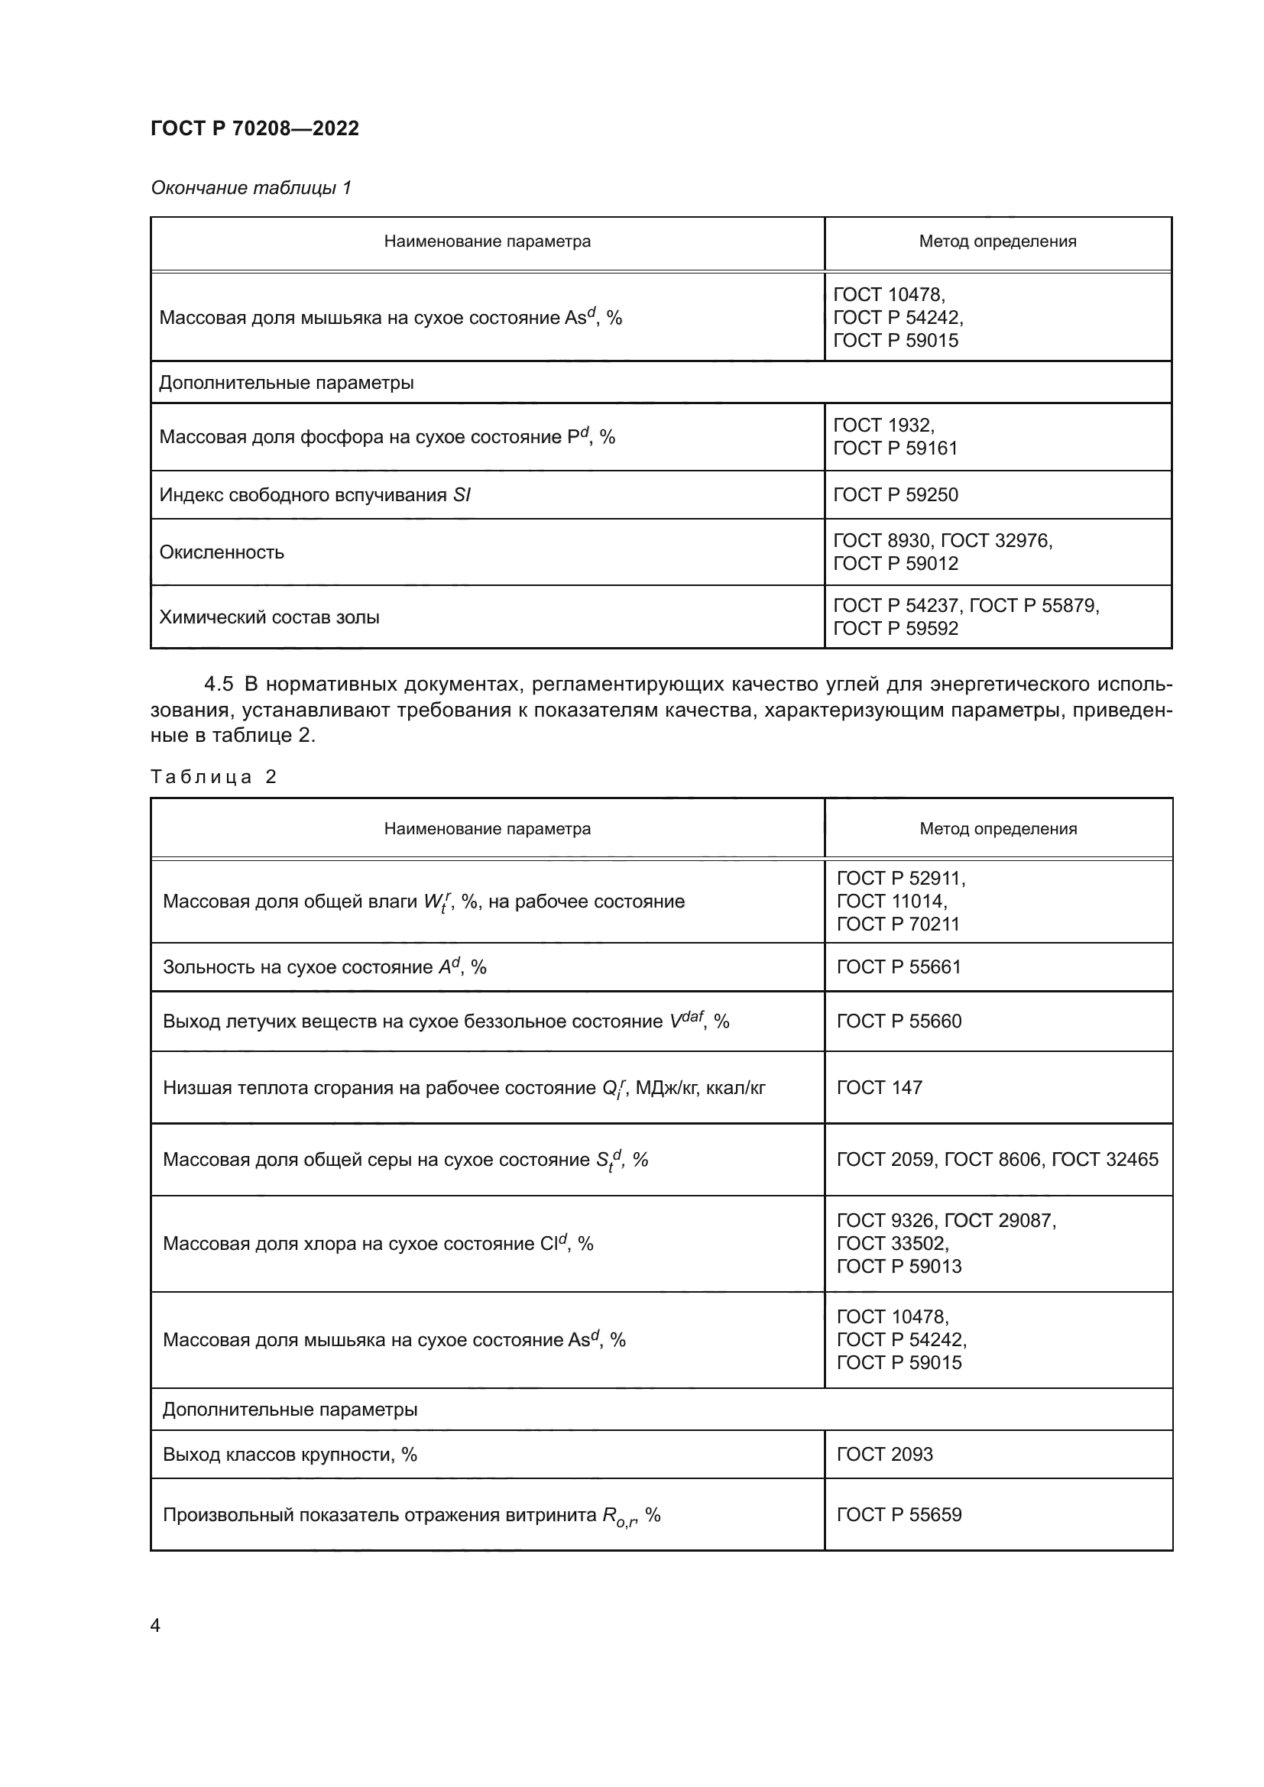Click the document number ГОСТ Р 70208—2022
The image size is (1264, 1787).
254,128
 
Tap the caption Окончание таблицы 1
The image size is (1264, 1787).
251,188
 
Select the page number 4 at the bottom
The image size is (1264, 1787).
156,1625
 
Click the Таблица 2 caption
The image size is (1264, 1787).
213,777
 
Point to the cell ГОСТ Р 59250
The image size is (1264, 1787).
895,495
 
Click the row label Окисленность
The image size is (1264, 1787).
222,552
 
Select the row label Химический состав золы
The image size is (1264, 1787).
269,617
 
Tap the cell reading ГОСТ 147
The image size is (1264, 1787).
879,1087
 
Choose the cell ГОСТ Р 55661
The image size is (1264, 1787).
899,966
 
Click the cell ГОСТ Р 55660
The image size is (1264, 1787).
899,1021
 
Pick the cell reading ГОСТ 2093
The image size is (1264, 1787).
884,1454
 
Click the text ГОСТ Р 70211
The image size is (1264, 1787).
898,924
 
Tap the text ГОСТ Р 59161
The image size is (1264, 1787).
895,448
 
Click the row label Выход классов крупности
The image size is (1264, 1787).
290,1454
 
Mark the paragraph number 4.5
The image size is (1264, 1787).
219,684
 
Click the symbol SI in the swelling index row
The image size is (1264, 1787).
462,495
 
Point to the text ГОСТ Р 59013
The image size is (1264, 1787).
899,1266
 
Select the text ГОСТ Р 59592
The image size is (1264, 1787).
895,629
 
